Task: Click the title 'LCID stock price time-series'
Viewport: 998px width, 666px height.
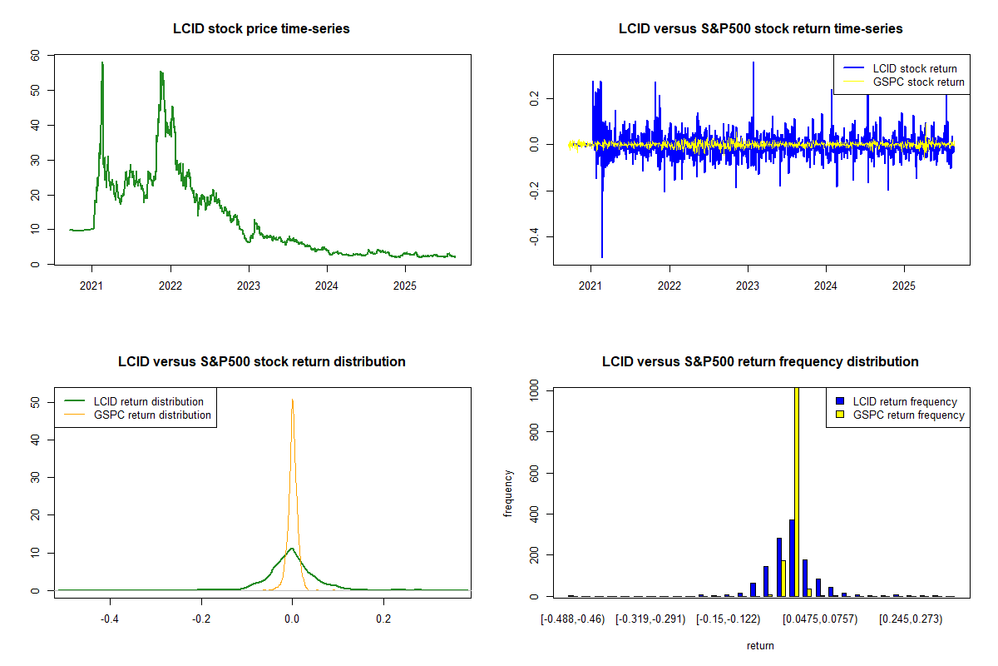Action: point(261,28)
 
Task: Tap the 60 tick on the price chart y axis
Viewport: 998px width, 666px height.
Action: point(34,55)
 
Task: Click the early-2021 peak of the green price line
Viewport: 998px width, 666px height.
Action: point(102,63)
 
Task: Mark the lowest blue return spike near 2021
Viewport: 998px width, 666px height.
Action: point(602,256)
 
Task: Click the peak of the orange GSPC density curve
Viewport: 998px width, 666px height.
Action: point(292,400)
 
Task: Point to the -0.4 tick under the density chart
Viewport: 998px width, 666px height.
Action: point(109,619)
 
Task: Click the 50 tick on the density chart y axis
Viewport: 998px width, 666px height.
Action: point(34,401)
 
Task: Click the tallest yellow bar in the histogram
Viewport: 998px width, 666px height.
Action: point(797,491)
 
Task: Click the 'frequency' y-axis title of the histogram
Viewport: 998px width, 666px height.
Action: point(507,493)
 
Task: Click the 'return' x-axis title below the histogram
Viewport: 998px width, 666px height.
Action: point(760,645)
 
